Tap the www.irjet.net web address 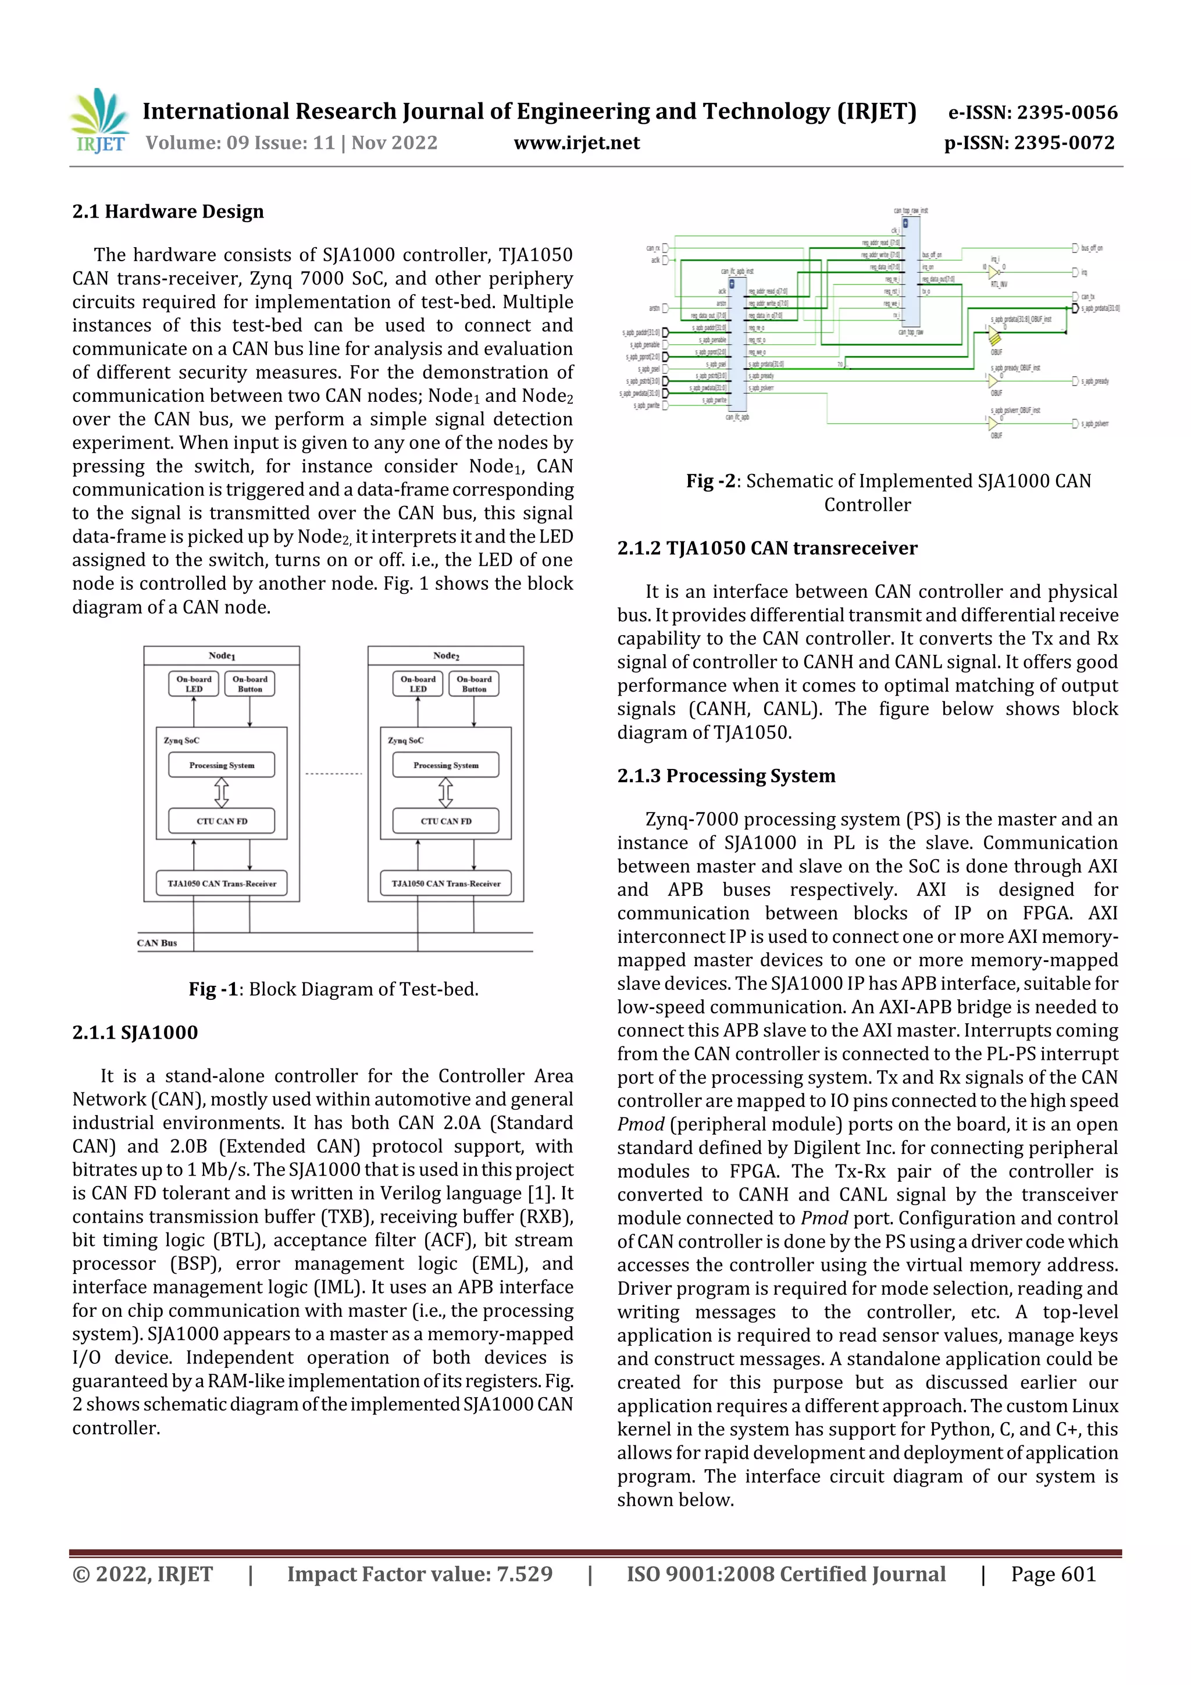tap(576, 143)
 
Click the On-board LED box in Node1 tap(194, 684)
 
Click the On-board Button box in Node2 tap(473, 684)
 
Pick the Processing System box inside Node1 tap(222, 765)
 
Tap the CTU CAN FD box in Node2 tap(445, 821)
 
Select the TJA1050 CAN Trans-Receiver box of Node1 tap(222, 884)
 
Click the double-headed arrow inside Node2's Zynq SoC tap(445, 793)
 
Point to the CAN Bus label tap(157, 943)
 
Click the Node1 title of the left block tap(222, 656)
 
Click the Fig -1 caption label tap(213, 989)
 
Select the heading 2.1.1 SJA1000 tap(135, 1032)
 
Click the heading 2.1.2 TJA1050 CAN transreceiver tap(767, 548)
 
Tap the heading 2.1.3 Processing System tap(726, 776)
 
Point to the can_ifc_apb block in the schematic tap(737, 345)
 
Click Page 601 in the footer tap(1053, 1574)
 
